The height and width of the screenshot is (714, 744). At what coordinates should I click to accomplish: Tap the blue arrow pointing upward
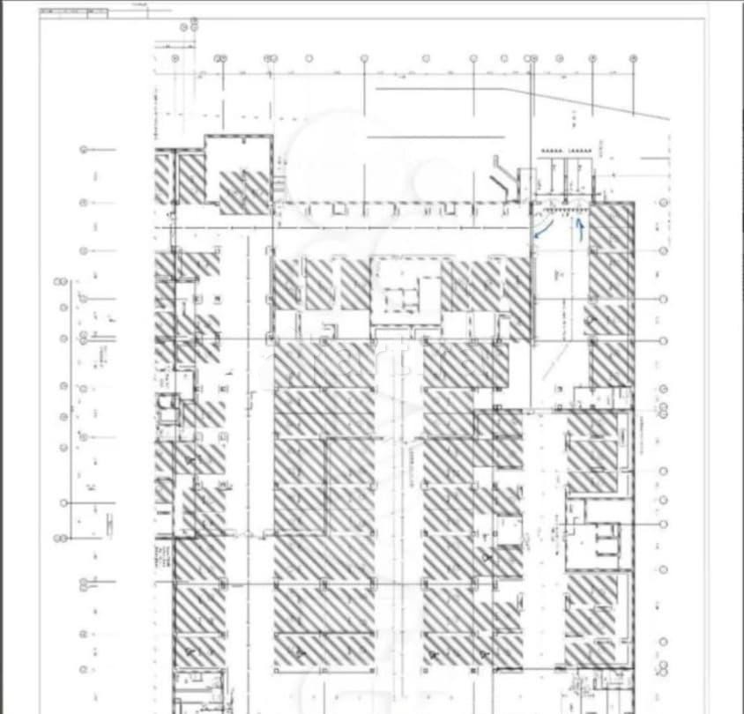(x=580, y=227)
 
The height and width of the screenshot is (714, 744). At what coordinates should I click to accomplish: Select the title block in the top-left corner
(x=74, y=12)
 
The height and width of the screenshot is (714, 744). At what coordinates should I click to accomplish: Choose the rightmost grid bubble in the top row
(x=633, y=59)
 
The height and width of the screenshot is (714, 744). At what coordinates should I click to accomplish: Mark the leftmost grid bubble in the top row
(x=175, y=59)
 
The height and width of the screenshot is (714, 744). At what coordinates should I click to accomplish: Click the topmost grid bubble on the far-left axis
(x=84, y=150)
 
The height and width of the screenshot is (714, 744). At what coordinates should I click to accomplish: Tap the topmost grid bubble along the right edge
(x=663, y=203)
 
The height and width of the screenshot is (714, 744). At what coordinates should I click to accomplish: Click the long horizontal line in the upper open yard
(x=435, y=138)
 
